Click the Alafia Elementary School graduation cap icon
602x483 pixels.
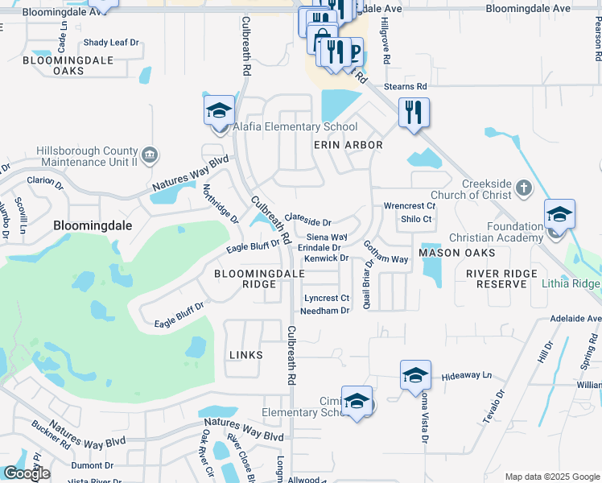tap(218, 111)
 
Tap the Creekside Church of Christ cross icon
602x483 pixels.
tap(523, 188)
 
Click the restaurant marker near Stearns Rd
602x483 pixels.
tap(414, 111)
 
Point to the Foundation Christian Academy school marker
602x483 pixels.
tap(559, 214)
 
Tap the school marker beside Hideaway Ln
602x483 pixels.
tap(415, 375)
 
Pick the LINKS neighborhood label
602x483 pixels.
tap(246, 355)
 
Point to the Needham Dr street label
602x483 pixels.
tap(325, 311)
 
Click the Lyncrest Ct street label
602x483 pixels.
tap(326, 298)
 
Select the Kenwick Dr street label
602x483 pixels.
tap(326, 258)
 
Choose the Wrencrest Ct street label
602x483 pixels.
tap(410, 206)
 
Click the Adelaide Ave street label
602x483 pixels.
tap(575, 319)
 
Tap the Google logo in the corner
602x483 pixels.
tap(27, 473)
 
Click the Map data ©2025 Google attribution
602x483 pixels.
tap(551, 477)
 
